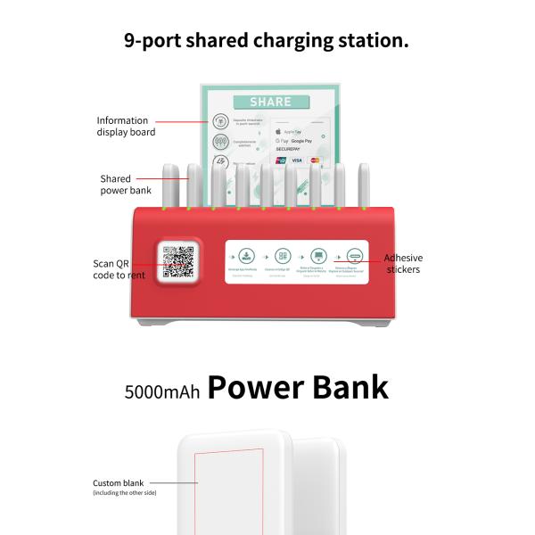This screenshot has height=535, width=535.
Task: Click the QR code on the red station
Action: click(x=178, y=261)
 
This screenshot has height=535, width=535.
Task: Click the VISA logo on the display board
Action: click(x=297, y=160)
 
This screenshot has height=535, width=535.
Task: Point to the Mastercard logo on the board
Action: click(x=315, y=160)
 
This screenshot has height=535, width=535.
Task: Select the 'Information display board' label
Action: click(x=126, y=126)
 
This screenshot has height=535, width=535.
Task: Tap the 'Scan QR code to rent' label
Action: click(x=119, y=268)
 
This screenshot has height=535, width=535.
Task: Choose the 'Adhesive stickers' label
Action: click(x=403, y=262)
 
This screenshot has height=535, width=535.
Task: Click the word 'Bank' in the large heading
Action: click(x=342, y=387)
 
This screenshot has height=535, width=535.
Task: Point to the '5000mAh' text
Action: click(x=162, y=391)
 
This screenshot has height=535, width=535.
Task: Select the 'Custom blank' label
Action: click(x=118, y=483)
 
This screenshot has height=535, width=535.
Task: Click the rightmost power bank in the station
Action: click(x=363, y=185)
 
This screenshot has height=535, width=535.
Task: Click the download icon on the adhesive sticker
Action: click(x=246, y=254)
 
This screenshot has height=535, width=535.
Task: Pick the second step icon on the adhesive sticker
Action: click(x=282, y=254)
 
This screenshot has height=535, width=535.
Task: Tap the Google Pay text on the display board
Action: click(x=299, y=141)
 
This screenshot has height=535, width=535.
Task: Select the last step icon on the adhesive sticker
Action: click(x=354, y=254)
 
